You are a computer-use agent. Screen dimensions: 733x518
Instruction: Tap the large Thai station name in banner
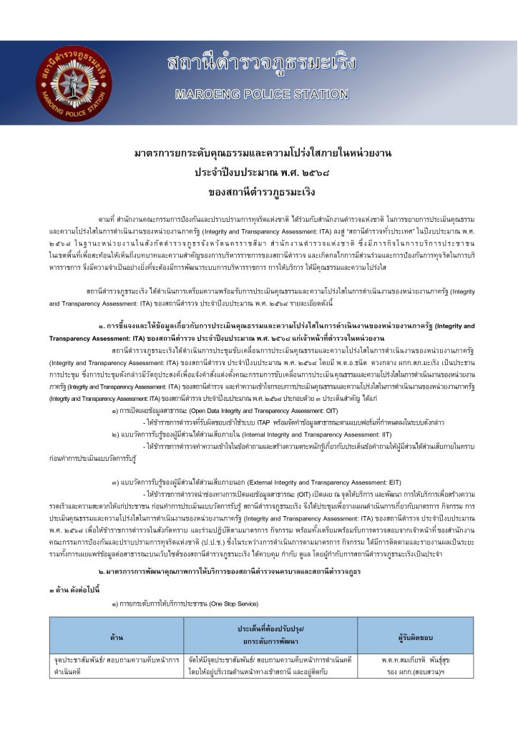click(261, 63)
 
